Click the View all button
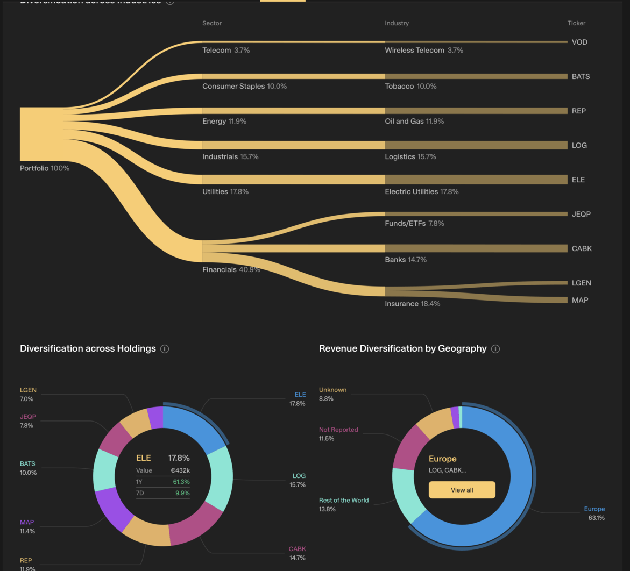point(462,490)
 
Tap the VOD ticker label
point(579,42)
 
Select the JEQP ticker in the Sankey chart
point(581,214)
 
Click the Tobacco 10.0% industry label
point(410,86)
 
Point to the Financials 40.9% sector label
point(231,269)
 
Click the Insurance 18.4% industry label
point(412,304)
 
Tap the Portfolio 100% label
point(45,168)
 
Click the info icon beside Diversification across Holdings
point(165,349)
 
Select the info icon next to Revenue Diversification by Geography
point(495,349)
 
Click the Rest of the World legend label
point(344,501)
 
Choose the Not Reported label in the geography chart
point(338,430)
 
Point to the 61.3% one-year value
point(181,482)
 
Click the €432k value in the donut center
point(180,470)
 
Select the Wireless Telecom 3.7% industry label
point(423,51)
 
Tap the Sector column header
point(212,23)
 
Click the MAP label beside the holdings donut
point(27,523)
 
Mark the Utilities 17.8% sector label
point(225,191)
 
